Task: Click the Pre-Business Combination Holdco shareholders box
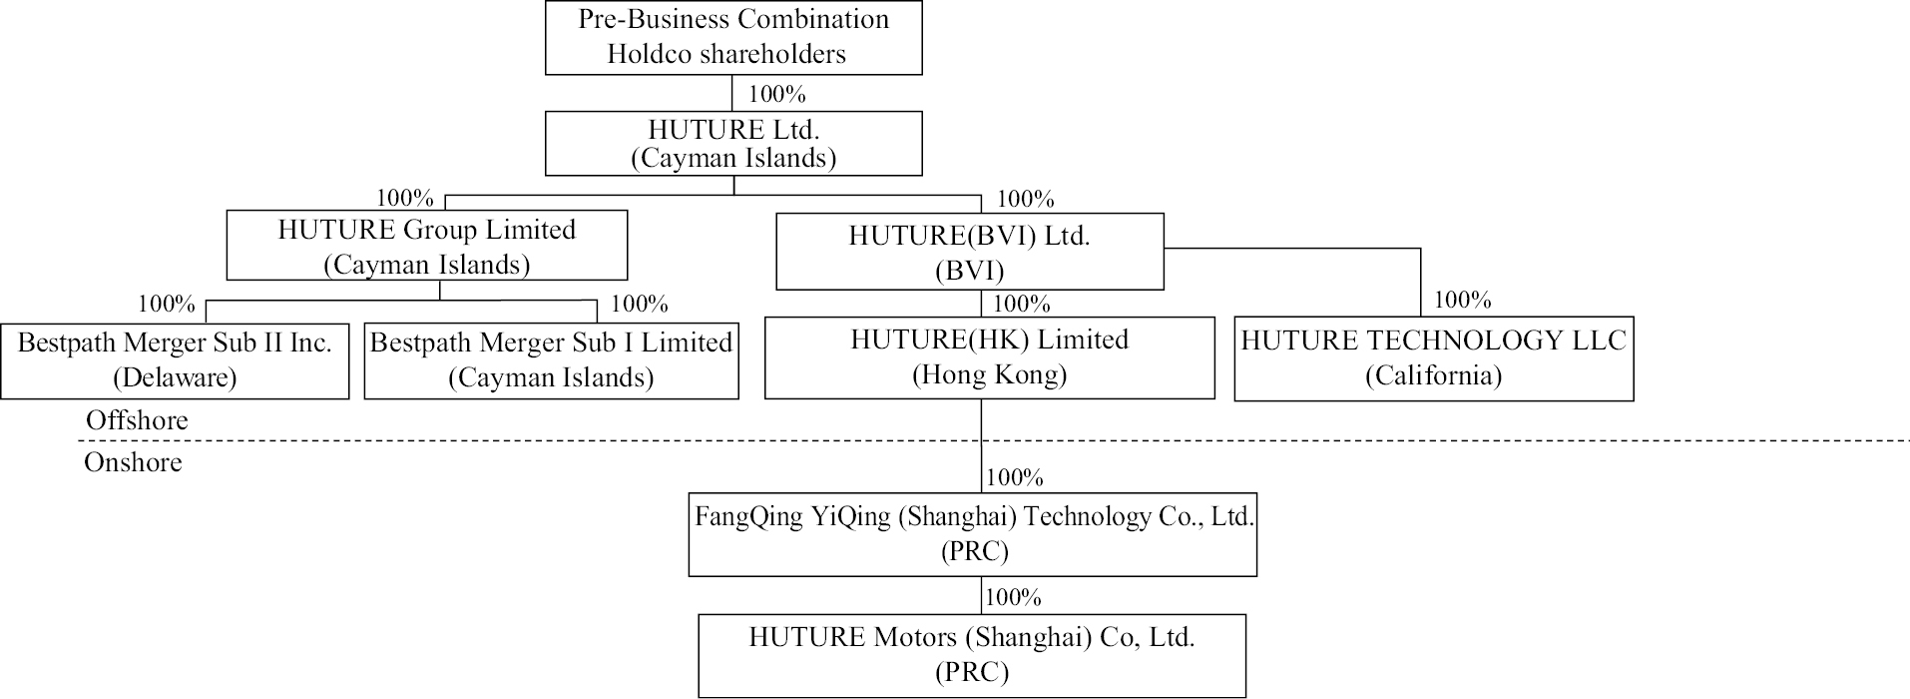pyautogui.click(x=733, y=37)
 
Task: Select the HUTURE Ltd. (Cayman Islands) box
pyautogui.click(x=733, y=143)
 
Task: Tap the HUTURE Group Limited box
pyautogui.click(x=427, y=245)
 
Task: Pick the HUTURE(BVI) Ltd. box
pyautogui.click(x=969, y=252)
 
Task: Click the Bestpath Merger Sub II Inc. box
pyautogui.click(x=175, y=360)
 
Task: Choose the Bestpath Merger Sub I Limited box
pyautogui.click(x=551, y=360)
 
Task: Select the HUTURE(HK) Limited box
pyautogui.click(x=989, y=357)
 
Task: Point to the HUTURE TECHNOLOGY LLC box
pyautogui.click(x=1433, y=358)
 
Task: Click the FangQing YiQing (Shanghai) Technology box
pyautogui.click(x=972, y=534)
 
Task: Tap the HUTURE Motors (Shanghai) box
pyautogui.click(x=972, y=655)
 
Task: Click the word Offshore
pyautogui.click(x=137, y=420)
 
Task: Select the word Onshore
pyautogui.click(x=133, y=462)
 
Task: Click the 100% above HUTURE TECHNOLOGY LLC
pyautogui.click(x=1462, y=300)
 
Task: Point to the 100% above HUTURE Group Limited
pyautogui.click(x=404, y=198)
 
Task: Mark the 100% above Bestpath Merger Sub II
pyautogui.click(x=167, y=304)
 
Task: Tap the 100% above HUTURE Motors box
pyautogui.click(x=1013, y=597)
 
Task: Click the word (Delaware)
pyautogui.click(x=175, y=377)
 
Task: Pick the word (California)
pyautogui.click(x=1433, y=375)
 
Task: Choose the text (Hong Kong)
pyautogui.click(x=989, y=374)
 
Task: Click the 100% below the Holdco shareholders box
pyautogui.click(x=776, y=94)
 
